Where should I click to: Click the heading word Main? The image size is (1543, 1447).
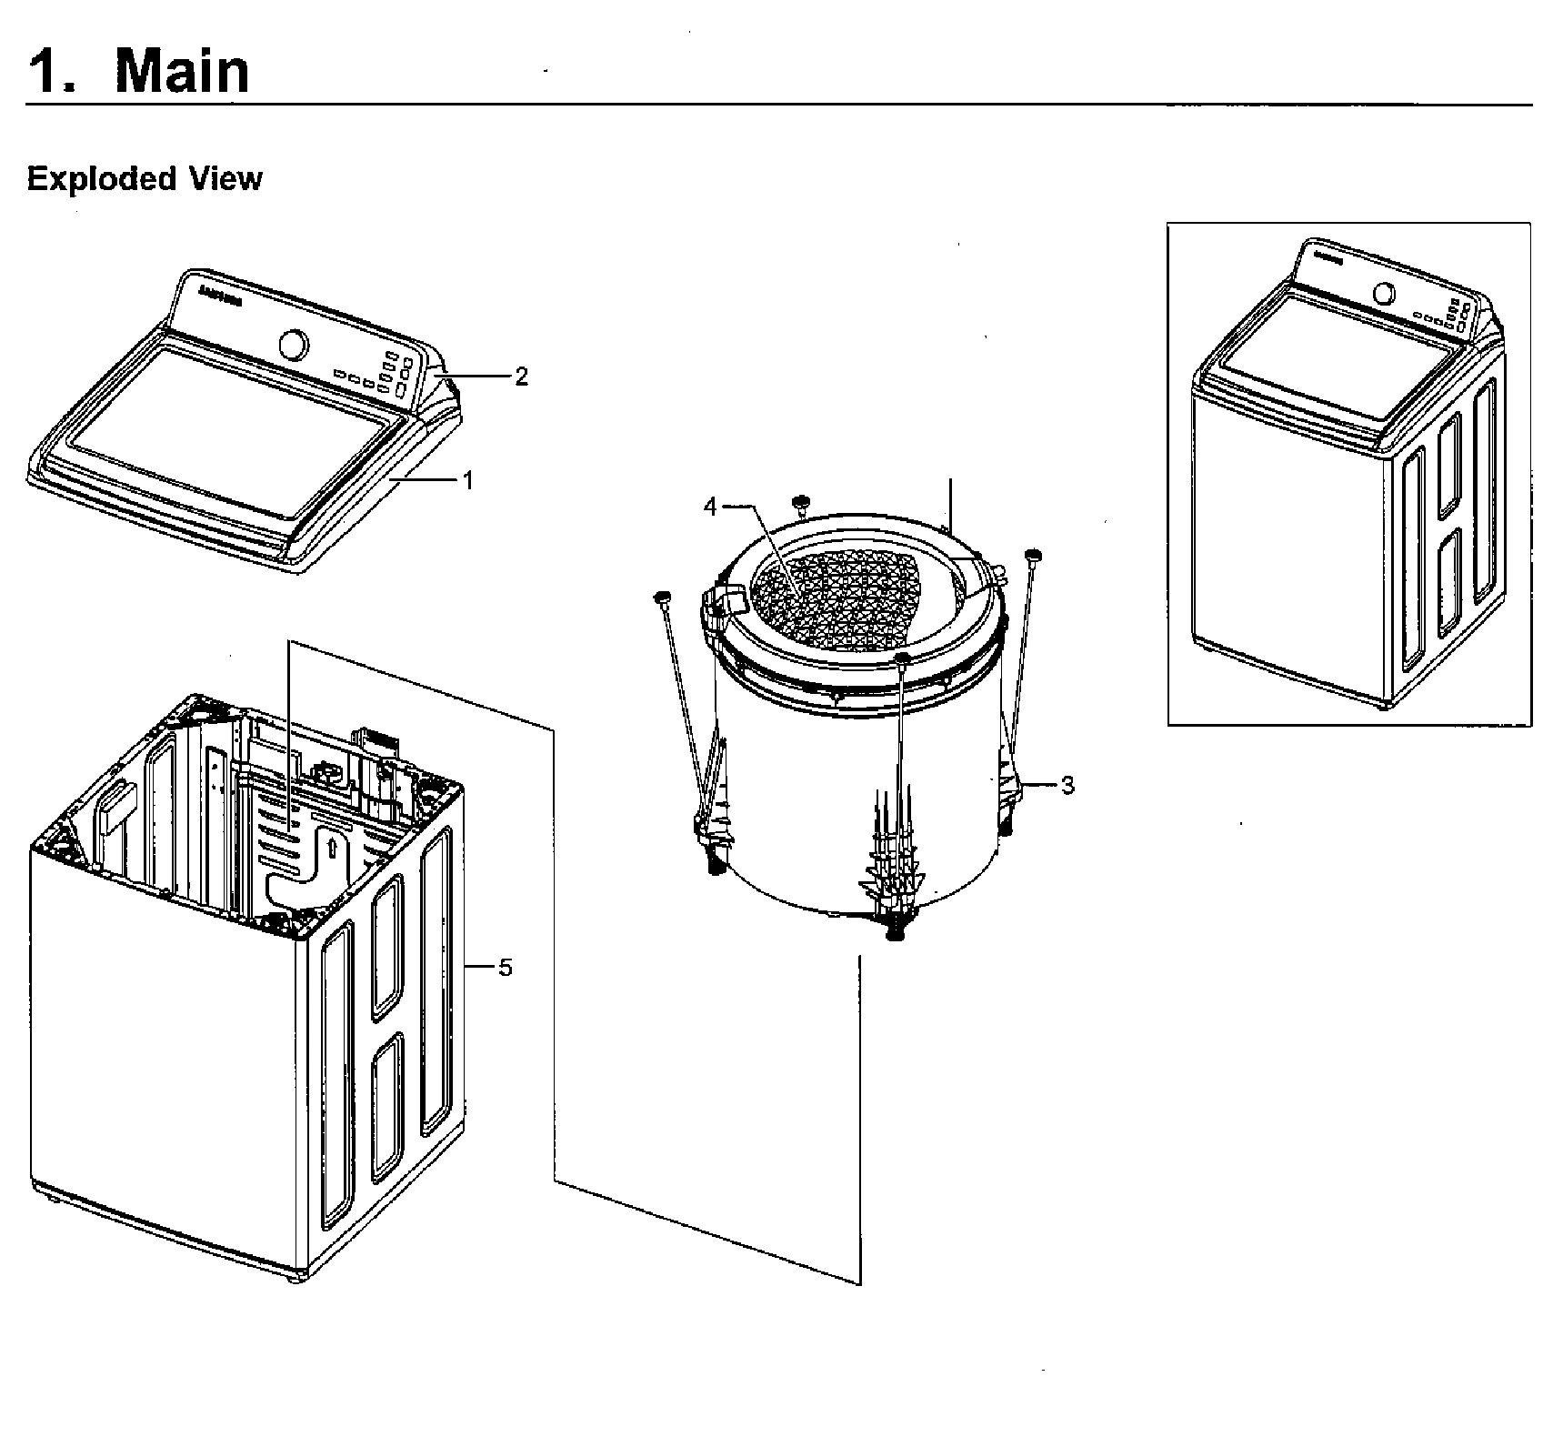click(x=182, y=71)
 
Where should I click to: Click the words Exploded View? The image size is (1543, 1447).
click(x=144, y=178)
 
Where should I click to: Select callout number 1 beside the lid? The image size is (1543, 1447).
click(x=468, y=480)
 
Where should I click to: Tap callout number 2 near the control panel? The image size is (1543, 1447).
click(x=521, y=377)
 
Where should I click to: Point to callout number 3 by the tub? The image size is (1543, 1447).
click(x=1067, y=784)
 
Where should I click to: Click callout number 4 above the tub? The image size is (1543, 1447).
click(x=710, y=507)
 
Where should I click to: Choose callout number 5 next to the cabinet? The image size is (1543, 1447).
click(x=505, y=968)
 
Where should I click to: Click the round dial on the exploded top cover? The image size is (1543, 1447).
click(x=293, y=345)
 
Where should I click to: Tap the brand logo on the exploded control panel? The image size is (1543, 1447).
click(x=219, y=296)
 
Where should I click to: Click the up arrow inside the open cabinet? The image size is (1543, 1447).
click(x=332, y=848)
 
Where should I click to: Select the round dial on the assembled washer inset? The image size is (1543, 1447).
click(x=1384, y=294)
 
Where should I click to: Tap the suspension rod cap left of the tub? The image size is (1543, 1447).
click(x=661, y=597)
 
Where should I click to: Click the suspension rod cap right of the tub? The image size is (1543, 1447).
click(x=1032, y=555)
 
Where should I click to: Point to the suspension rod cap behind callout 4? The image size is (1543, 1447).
click(x=800, y=501)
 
